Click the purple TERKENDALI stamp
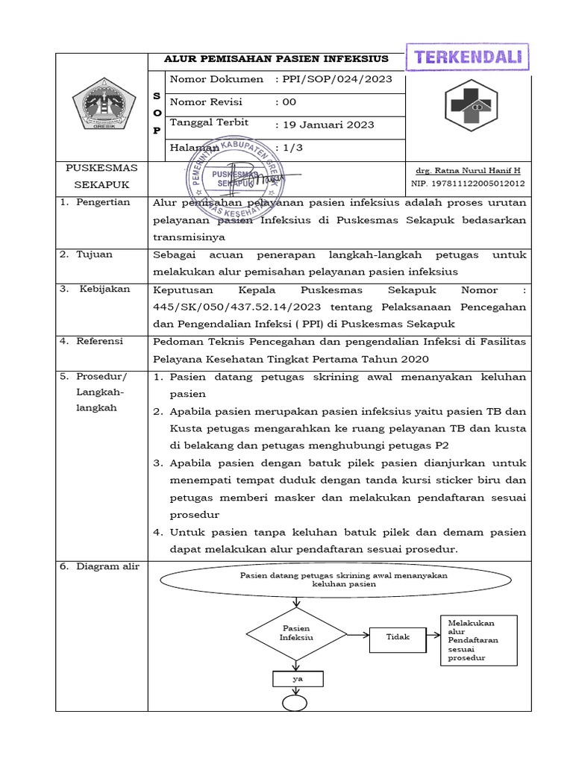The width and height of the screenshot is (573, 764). [x=468, y=57]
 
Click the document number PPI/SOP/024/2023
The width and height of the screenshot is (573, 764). [x=333, y=80]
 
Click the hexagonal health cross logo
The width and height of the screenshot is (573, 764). [x=472, y=105]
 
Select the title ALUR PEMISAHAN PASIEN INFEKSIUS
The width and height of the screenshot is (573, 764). [x=275, y=60]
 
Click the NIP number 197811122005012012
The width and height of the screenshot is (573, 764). [x=467, y=184]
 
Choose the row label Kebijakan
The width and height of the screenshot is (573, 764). [x=104, y=289]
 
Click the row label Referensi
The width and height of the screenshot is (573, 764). [x=103, y=341]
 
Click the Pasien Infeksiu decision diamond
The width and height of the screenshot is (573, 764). [x=296, y=633]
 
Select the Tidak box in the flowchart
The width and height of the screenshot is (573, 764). [x=398, y=637]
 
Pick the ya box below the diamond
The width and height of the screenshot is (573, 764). [x=297, y=679]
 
